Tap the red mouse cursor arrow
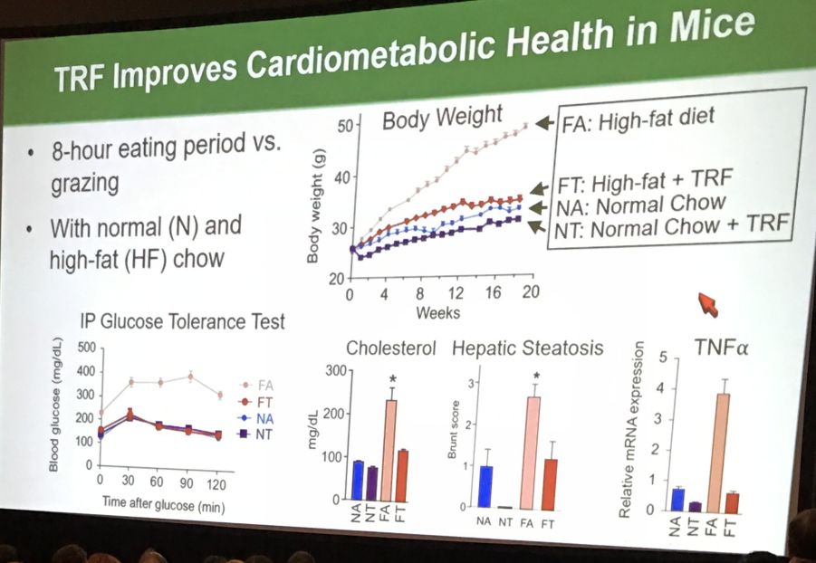click(x=707, y=304)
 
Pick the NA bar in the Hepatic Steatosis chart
click(x=485, y=486)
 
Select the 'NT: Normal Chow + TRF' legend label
click(x=670, y=225)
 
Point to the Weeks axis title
click(x=437, y=313)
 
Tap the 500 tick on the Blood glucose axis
click(x=85, y=347)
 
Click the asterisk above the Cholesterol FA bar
click(x=392, y=377)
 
